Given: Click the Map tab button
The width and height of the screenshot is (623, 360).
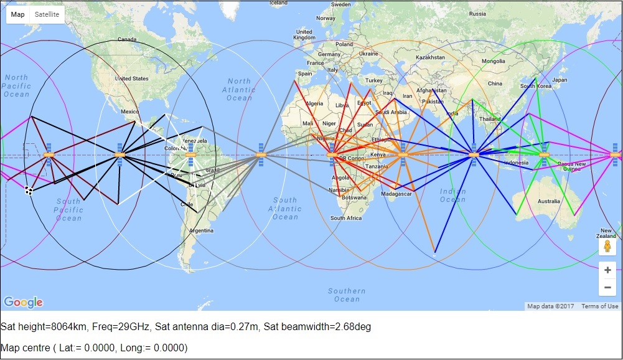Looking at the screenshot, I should (18, 14).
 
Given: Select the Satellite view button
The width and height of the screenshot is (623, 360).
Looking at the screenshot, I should (47, 14).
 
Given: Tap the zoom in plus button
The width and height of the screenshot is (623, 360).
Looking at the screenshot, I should (607, 270).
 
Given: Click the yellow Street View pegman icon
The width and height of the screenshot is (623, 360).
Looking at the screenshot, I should (607, 246).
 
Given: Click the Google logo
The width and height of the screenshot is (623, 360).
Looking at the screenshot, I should (23, 303).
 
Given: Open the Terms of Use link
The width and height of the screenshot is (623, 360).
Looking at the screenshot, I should (600, 306).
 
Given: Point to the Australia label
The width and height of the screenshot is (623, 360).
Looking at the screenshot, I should (548, 201).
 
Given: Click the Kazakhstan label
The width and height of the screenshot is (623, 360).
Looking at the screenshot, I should (431, 57).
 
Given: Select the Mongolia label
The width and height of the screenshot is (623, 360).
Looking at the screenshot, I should (494, 61).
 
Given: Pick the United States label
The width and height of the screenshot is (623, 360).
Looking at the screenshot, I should (132, 78).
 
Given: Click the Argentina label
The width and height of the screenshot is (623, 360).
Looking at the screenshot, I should (201, 230).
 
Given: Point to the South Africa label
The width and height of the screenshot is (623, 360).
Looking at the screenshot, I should (346, 218).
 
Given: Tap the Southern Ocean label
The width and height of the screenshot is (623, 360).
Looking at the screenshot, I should (347, 295).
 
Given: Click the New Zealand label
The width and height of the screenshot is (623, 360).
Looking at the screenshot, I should (607, 234).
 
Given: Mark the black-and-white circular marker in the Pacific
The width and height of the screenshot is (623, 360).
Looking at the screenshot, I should (29, 191).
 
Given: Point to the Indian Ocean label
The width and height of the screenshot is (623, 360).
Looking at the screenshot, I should (452, 195).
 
